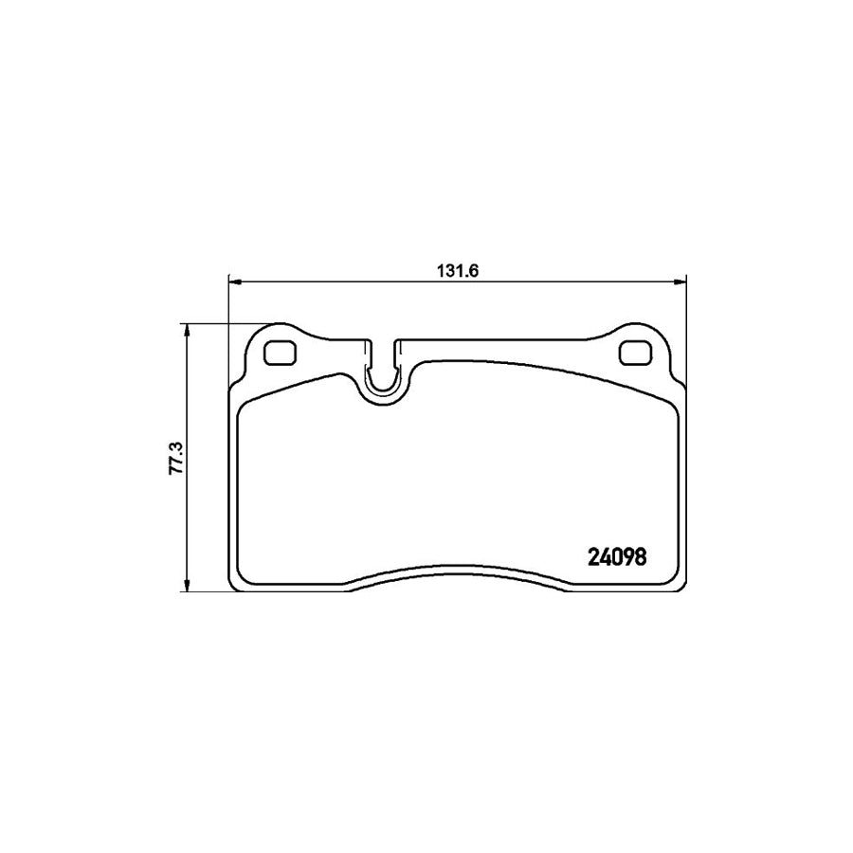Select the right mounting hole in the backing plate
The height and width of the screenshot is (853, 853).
(633, 353)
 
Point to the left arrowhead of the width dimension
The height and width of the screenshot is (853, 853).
(236, 281)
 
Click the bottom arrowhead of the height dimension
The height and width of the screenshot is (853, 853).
(188, 584)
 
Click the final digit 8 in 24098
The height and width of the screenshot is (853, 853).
(641, 557)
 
